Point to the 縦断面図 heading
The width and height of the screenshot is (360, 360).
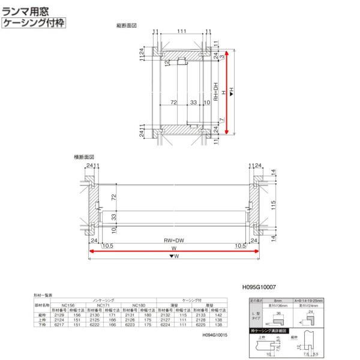127,26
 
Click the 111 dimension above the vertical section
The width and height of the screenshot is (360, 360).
181,31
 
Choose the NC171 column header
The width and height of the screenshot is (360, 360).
107,305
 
